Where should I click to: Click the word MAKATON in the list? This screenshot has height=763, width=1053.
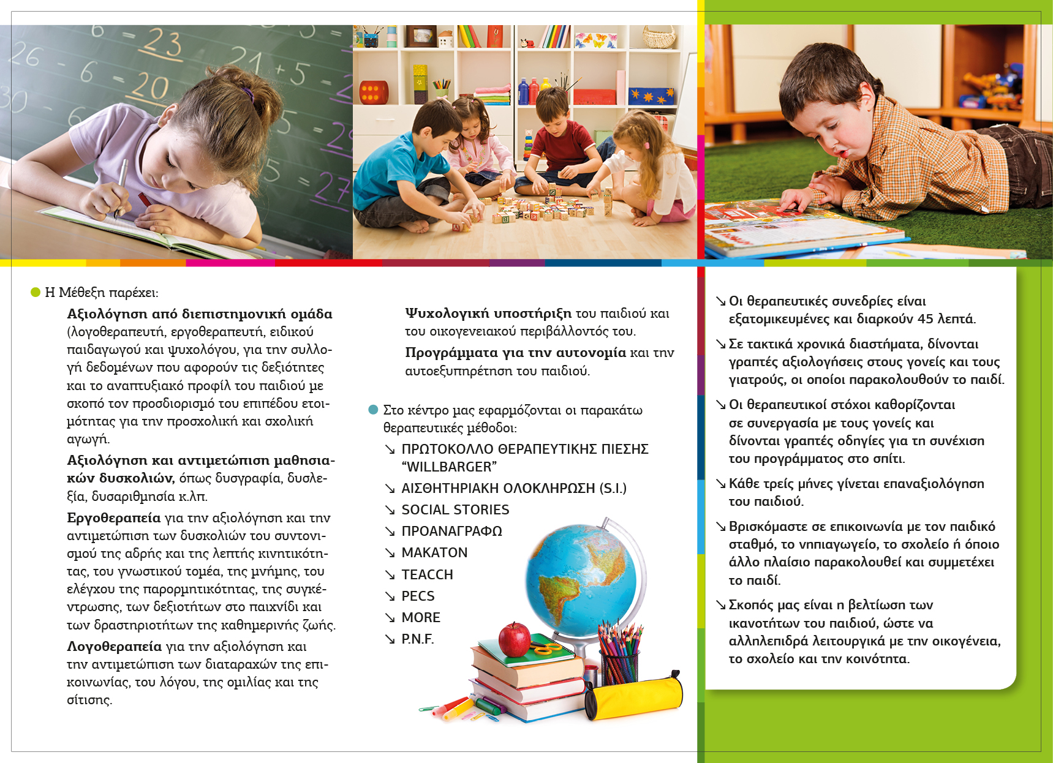tap(434, 553)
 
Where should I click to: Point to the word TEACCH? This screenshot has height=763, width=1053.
tap(427, 574)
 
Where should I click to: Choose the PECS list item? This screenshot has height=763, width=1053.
tap(418, 596)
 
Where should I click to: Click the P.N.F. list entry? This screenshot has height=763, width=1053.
tap(417, 639)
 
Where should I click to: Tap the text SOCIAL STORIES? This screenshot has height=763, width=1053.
tap(455, 509)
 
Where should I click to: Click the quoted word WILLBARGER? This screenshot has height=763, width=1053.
tap(449, 467)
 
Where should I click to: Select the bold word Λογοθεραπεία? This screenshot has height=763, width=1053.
tap(115, 647)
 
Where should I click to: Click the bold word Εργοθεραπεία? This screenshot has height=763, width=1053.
tap(114, 518)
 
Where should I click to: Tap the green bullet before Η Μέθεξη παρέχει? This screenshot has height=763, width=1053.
tap(36, 292)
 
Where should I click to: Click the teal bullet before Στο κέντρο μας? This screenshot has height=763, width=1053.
tap(373, 410)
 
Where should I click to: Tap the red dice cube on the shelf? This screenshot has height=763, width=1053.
tap(373, 92)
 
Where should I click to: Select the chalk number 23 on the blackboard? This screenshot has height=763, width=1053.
tap(163, 44)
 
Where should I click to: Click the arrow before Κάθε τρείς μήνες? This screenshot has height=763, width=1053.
tap(721, 484)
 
